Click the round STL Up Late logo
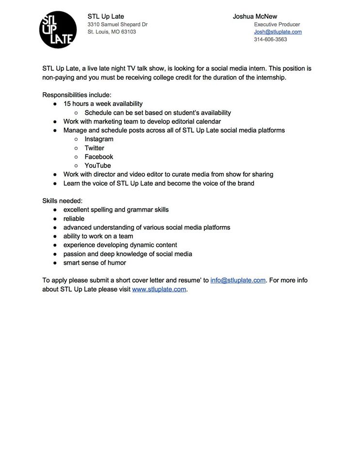[57, 30]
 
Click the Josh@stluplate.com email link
[278, 32]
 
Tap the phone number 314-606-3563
[270, 40]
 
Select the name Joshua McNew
[255, 16]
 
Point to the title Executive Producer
[277, 24]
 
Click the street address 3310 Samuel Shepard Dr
[117, 24]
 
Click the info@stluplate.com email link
[238, 280]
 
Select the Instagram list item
[98, 139]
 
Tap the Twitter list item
[94, 148]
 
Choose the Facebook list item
[98, 157]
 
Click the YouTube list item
[98, 166]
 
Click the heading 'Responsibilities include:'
[77, 95]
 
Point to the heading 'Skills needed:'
[62, 200]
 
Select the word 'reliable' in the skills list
[74, 218]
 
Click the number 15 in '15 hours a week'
[67, 104]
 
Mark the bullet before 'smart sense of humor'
[55, 263]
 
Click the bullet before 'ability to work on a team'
[55, 236]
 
